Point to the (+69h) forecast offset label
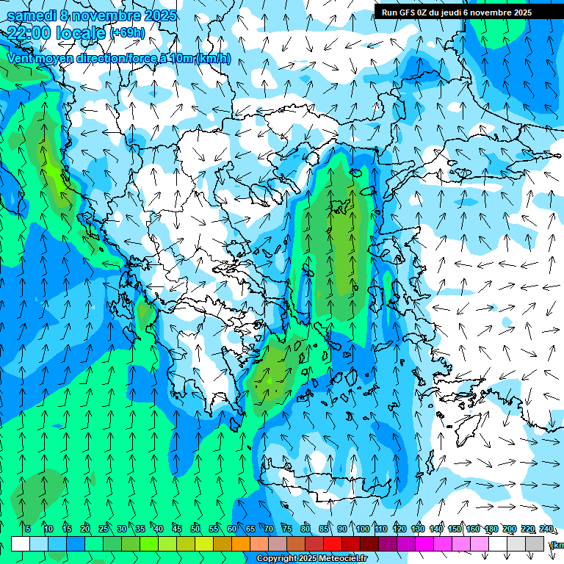[127, 33]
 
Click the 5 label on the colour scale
[27, 529]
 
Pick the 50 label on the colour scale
[195, 529]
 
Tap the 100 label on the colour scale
[362, 529]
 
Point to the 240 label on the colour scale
[546, 529]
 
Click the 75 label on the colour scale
[287, 529]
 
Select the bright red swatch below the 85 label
[332, 543]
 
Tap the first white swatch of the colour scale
[21, 543]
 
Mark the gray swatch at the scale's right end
[535, 543]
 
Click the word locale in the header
[80, 33]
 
